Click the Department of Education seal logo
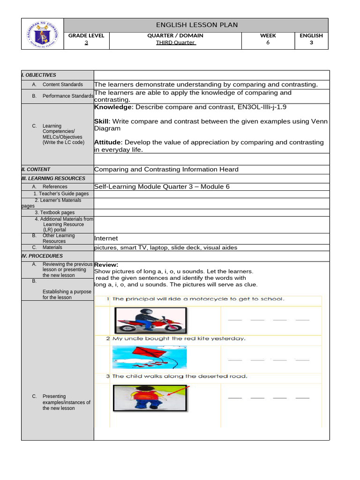tap(42, 34)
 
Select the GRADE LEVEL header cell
tap(86, 36)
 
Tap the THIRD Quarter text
tap(175, 43)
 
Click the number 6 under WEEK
tap(268, 43)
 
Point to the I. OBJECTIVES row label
tap(39, 75)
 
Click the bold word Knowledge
tap(113, 107)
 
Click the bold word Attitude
tap(108, 142)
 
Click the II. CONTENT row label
tap(36, 170)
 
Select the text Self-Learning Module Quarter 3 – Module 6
tap(162, 187)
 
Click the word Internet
tap(106, 239)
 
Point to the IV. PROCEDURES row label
tap(42, 256)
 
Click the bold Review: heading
tap(106, 265)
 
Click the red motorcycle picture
tap(150, 320)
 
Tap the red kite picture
tap(149, 357)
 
